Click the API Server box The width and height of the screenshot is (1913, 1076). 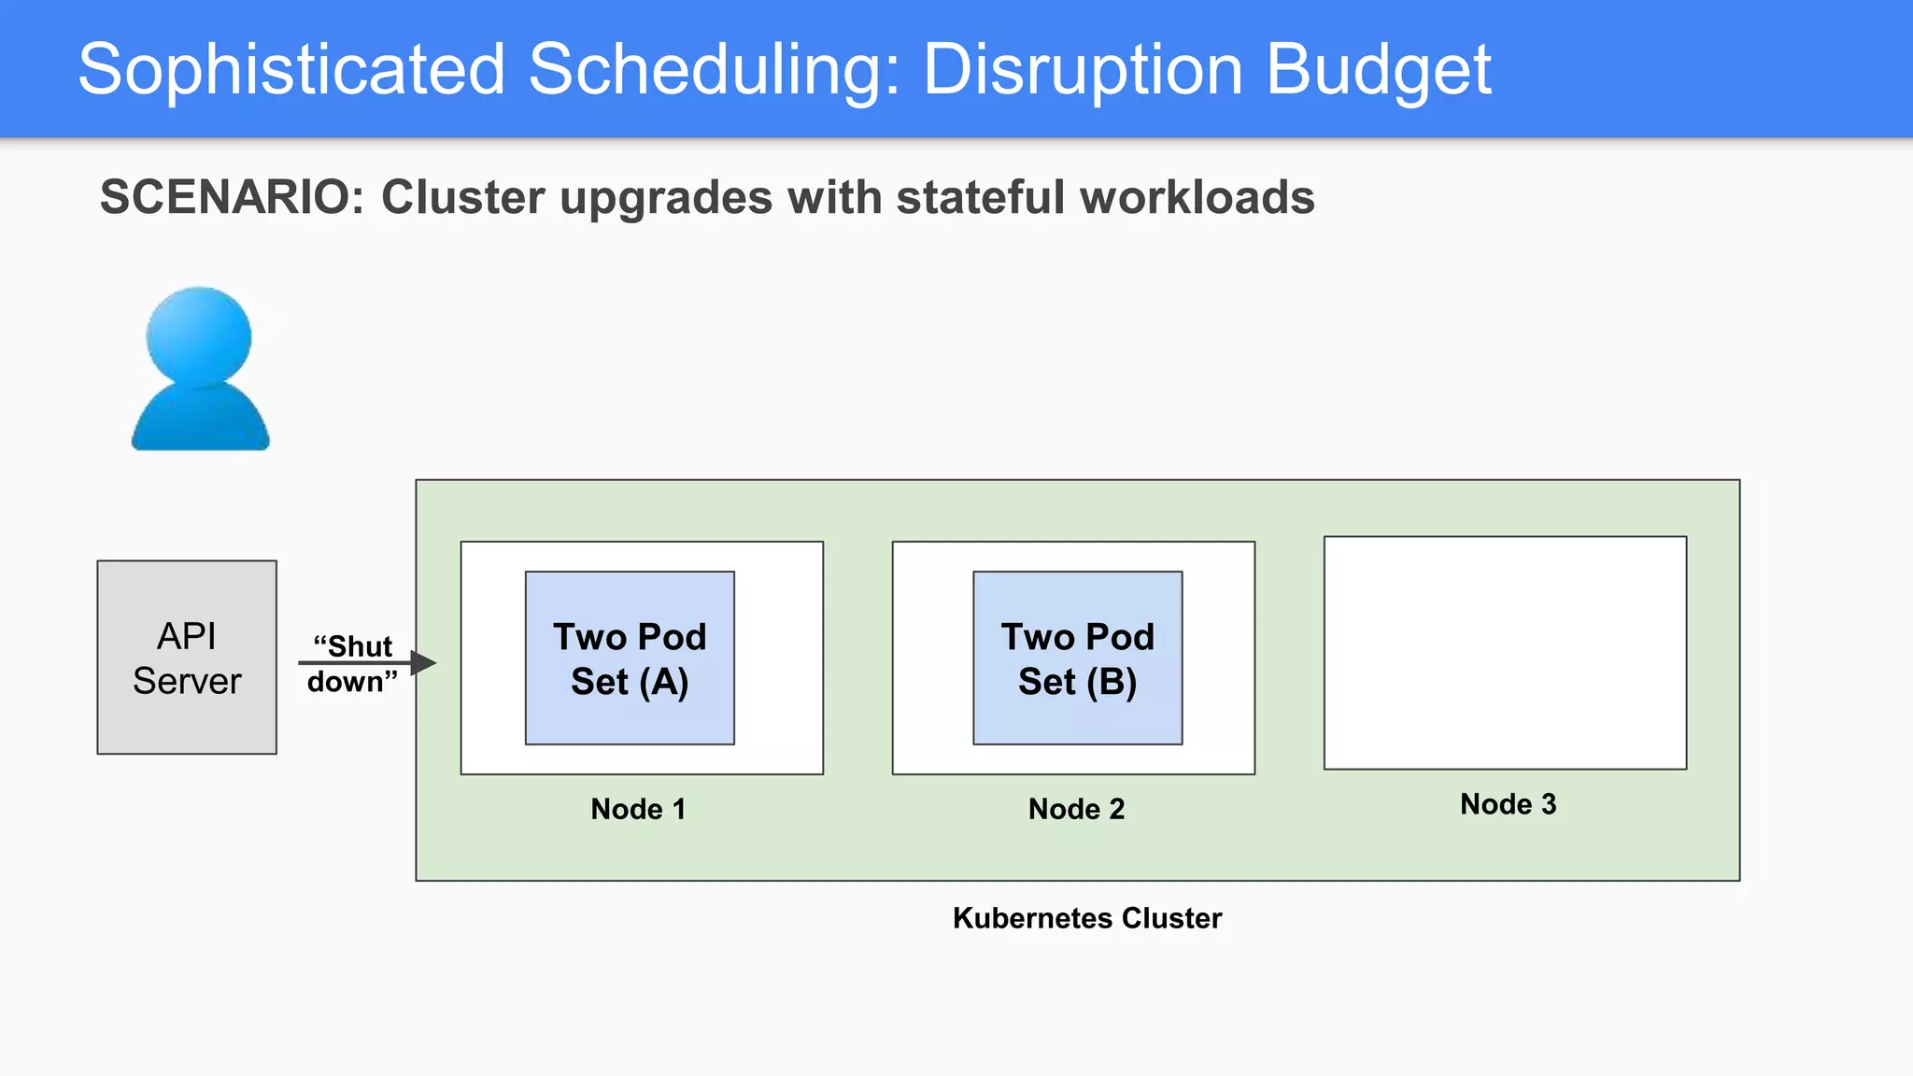[187, 658]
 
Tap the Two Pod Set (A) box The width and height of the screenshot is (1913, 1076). [630, 658]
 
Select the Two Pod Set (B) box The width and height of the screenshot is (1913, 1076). [1077, 658]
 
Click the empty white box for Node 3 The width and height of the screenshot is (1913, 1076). [1505, 652]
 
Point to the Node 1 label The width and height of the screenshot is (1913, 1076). [638, 809]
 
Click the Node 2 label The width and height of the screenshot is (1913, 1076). [1076, 809]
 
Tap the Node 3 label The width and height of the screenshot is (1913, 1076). [1508, 804]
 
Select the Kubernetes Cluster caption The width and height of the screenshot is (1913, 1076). [1086, 918]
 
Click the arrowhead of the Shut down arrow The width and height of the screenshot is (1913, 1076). [424, 663]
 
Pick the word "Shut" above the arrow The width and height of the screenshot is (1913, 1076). [354, 646]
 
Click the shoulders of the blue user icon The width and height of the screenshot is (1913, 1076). [200, 420]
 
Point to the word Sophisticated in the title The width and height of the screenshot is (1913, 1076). [291, 70]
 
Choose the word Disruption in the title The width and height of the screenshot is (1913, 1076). [1083, 70]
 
